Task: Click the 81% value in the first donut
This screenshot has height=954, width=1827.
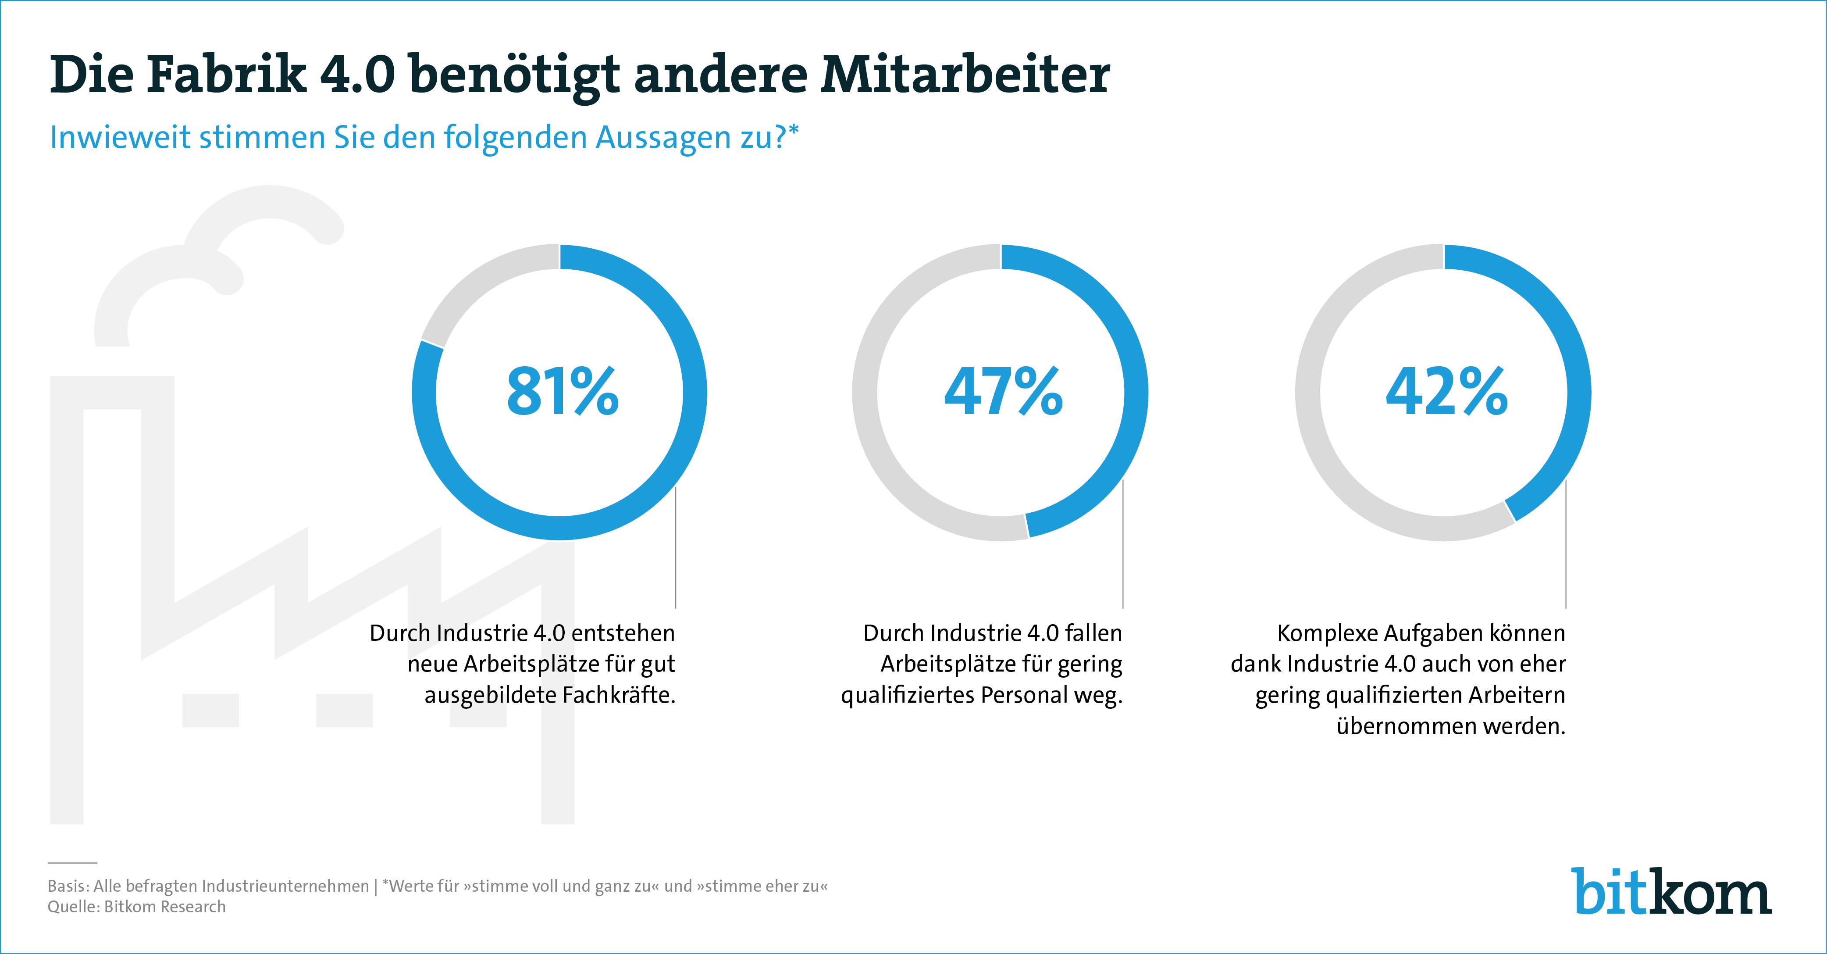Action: pyautogui.click(x=563, y=392)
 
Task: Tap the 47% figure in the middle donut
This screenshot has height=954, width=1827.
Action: pyautogui.click(x=1003, y=392)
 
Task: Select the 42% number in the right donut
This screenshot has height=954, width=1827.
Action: pyautogui.click(x=1446, y=392)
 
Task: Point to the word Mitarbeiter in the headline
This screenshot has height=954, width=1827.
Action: pyautogui.click(x=965, y=75)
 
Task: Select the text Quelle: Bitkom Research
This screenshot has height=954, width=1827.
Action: pyautogui.click(x=136, y=907)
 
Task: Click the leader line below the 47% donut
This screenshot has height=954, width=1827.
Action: pyautogui.click(x=1123, y=546)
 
